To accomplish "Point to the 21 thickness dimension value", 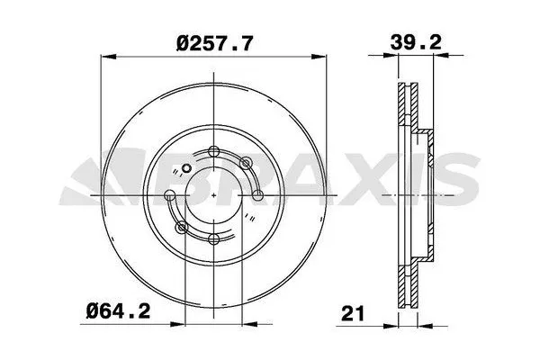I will click(352, 315).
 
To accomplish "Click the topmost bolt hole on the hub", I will click(212, 150).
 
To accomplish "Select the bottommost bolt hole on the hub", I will click(212, 239).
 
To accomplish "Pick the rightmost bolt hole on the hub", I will click(257, 194).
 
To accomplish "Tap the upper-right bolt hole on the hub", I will click(244, 163).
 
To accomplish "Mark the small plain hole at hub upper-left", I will click(186, 167).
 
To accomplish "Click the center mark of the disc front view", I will click(212, 194).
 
